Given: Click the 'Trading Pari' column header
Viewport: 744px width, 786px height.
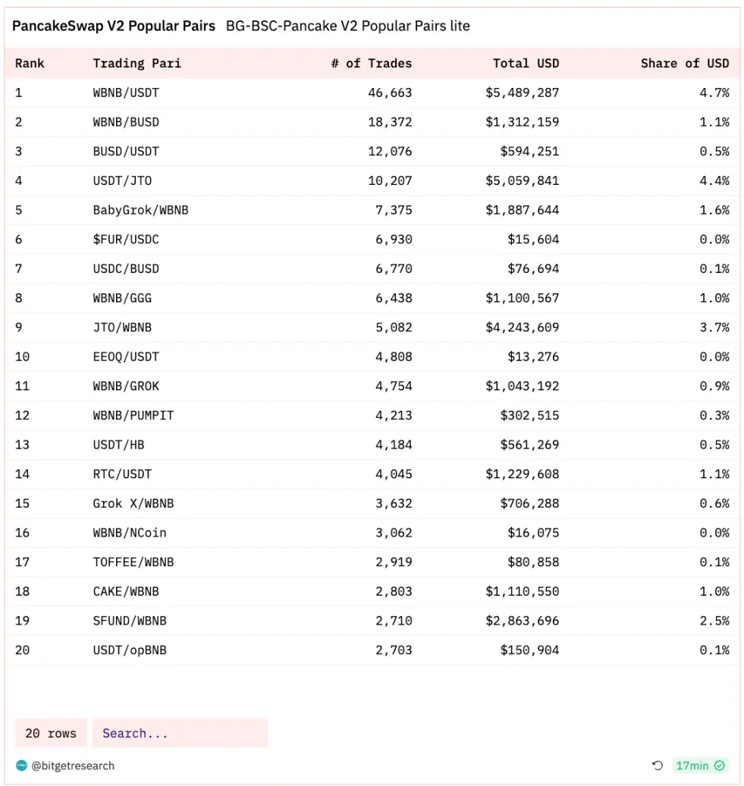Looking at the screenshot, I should point(137,63).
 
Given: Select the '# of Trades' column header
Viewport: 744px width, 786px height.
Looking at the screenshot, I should point(371,63).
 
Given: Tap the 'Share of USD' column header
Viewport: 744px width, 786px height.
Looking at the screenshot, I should point(684,63).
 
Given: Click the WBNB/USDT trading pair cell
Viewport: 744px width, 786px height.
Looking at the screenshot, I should point(126,92).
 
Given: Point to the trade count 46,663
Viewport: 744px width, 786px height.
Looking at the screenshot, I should point(390,92).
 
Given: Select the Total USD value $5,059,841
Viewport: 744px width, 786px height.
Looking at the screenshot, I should point(522,180).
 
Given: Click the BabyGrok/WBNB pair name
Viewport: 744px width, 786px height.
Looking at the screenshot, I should point(140,210).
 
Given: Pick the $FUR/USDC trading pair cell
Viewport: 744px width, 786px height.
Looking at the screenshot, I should point(126,240).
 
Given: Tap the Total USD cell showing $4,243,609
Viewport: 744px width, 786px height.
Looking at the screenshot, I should point(522,327).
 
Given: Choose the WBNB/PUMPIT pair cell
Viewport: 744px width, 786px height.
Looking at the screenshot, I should point(133,415).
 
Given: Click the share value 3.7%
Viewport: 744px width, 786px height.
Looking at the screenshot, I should point(714,327).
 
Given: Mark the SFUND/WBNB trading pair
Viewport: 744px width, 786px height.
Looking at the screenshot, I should point(130,621).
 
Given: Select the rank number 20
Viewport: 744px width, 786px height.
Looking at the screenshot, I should point(22,650).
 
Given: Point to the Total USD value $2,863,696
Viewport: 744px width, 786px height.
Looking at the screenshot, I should point(522,621).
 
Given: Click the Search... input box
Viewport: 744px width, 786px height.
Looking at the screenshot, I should point(180,733).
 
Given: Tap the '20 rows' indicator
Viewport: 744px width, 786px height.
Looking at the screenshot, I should point(51,733).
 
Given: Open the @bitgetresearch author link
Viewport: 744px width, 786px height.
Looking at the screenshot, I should point(72,766).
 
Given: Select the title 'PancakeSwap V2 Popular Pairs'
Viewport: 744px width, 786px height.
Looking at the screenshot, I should point(114,26).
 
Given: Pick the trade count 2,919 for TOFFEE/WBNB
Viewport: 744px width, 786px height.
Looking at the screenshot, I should point(394,562).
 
